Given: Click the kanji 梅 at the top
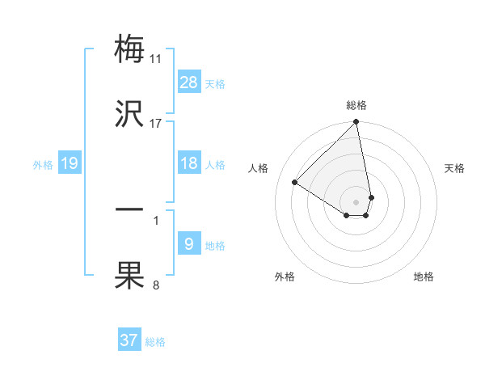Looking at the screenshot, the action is pos(129,49).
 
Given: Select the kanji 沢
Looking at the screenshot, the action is pos(129,114).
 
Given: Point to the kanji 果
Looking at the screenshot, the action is pos(129,276).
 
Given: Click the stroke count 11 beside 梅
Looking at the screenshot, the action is pos(156,58).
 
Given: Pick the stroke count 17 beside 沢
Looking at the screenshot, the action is pos(156,124).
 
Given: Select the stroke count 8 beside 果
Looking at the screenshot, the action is pos(156,285).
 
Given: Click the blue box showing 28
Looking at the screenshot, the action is pos(189,82).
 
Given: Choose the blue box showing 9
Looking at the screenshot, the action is pos(189,244).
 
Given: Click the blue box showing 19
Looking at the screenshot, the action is pos(70,164).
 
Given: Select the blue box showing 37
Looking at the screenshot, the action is pos(129,340).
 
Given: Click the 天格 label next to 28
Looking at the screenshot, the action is pos(215,83).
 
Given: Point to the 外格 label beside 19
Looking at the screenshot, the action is pos(43,165).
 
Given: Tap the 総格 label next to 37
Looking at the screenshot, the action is pos(155,342).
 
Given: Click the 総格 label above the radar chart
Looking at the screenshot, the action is pos(356,105).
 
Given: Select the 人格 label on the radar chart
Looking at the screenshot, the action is pos(259,168).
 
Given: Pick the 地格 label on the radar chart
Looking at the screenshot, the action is pos(424,277).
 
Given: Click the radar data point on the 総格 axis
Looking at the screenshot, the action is pos(356,123).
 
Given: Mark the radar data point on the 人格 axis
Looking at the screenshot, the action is pos(295,183).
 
